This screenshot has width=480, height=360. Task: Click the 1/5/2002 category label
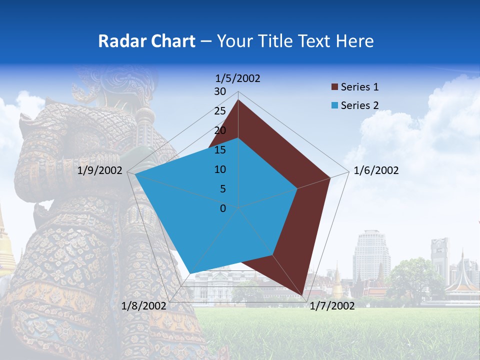pyautogui.click(x=238, y=78)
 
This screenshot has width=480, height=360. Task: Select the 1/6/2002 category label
pyautogui.click(x=376, y=170)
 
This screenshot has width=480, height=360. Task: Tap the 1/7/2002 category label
pyautogui.click(x=332, y=305)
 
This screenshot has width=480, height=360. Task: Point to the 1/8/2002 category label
pyautogui.click(x=144, y=305)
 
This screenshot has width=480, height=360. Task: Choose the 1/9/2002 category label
pyautogui.click(x=100, y=170)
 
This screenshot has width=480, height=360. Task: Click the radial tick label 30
pyautogui.click(x=220, y=91)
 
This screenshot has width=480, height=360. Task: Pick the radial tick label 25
pyautogui.click(x=220, y=111)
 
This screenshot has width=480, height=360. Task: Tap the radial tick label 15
pyautogui.click(x=220, y=150)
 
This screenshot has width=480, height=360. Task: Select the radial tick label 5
pyautogui.click(x=222, y=189)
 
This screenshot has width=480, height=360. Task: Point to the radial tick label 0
pyautogui.click(x=223, y=208)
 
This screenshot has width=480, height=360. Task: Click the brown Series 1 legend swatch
pyautogui.click(x=334, y=87)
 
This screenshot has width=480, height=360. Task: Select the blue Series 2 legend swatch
pyautogui.click(x=334, y=105)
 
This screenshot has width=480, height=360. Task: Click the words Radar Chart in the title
pyautogui.click(x=146, y=41)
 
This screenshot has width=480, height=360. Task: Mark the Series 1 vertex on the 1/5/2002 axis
pyautogui.click(x=238, y=100)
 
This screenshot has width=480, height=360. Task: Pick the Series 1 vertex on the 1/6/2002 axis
pyautogui.click(x=330, y=177)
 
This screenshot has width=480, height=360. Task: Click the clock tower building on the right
pyautogui.click(x=440, y=257)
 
